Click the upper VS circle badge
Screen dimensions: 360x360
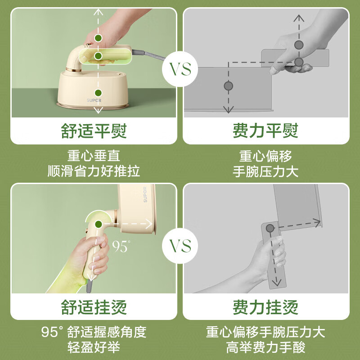[180, 70]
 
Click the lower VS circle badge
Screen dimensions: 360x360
[180, 246]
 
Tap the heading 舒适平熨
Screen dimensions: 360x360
[94, 131]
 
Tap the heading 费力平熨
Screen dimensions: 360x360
[266, 131]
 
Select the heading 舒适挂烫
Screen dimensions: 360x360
[94, 307]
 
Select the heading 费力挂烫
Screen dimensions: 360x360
[266, 307]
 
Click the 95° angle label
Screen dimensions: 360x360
[121, 246]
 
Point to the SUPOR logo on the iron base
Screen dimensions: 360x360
[95, 100]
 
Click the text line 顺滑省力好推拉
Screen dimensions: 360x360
[94, 171]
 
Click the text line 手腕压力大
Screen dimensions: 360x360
[266, 171]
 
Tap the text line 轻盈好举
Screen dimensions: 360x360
[94, 348]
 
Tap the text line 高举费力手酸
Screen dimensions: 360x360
[266, 348]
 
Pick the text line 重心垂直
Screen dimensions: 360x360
[94, 156]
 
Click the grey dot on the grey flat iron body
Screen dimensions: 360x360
[229, 85]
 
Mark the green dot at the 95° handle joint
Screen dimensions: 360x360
[98, 223]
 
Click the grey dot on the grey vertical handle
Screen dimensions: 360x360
[270, 229]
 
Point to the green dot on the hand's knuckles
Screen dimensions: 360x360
[98, 38]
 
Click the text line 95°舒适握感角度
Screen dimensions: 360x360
[94, 333]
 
